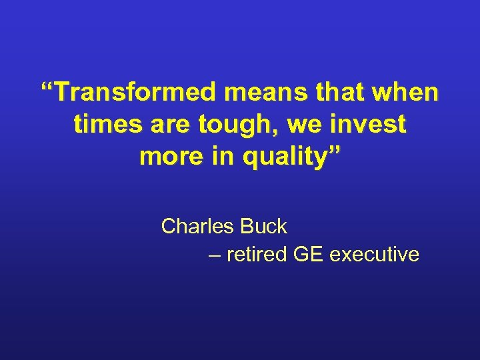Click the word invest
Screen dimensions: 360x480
pyautogui.click(x=368, y=124)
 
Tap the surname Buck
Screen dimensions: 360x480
pyautogui.click(x=263, y=227)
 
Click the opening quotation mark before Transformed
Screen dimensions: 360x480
pyautogui.click(x=47, y=87)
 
